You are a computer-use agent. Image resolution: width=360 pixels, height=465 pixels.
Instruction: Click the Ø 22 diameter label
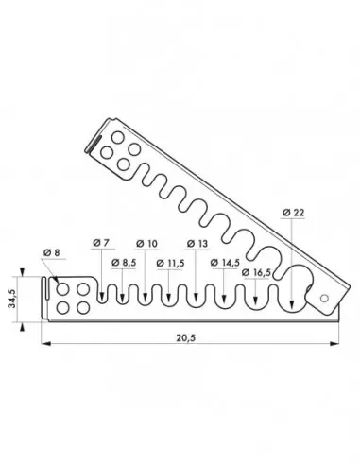293,215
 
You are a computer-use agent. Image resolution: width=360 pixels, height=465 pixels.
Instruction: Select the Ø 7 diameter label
102,244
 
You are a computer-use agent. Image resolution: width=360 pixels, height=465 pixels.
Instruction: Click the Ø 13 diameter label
197,244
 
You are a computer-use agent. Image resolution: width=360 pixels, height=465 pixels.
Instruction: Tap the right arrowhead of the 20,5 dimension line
337,346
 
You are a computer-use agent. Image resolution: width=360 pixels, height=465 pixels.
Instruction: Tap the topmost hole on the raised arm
123,148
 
